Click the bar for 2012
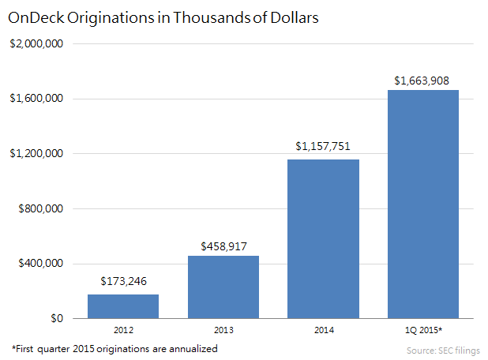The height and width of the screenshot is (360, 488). (x=123, y=306)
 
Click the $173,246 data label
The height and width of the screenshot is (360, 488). (x=123, y=280)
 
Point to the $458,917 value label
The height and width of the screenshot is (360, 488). (x=223, y=242)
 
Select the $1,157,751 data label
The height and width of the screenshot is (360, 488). (x=323, y=146)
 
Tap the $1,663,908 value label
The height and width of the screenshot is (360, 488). (x=422, y=81)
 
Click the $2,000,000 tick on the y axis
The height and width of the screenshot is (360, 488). (x=36, y=43)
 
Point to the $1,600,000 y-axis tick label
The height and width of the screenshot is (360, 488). (x=36, y=99)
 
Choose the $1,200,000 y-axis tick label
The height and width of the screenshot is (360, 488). (x=36, y=154)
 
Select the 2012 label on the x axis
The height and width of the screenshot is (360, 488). (x=123, y=329)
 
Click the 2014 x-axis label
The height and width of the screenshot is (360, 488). (x=323, y=329)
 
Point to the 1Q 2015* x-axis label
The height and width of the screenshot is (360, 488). (x=422, y=329)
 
